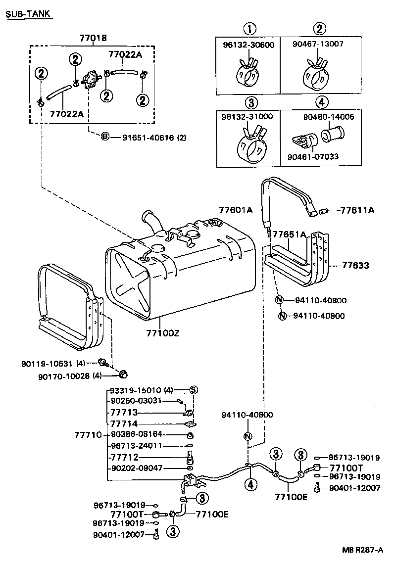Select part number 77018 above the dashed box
(94, 38)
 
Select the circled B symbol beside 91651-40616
(105, 137)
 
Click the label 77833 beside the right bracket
(355, 265)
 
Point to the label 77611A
(357, 210)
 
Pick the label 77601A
(236, 210)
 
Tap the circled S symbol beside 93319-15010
(194, 390)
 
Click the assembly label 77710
(88, 435)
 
